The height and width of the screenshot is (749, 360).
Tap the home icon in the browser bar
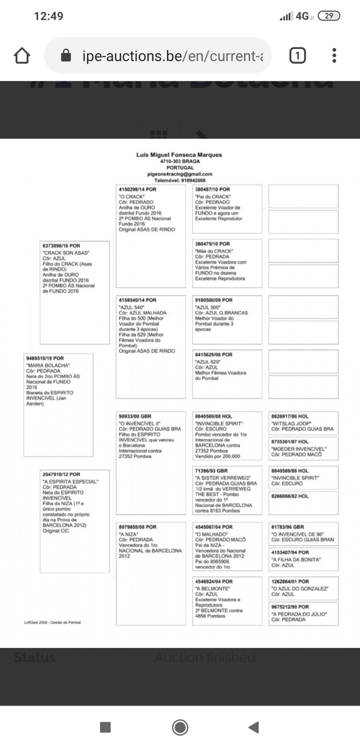pyautogui.click(x=22, y=56)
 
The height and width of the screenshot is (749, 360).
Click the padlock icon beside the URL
pyautogui.click(x=66, y=56)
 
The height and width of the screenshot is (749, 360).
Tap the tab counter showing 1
pyautogui.click(x=297, y=56)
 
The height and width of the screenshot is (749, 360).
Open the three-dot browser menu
pyautogui.click(x=334, y=56)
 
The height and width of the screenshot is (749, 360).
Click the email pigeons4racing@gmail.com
pyautogui.click(x=180, y=174)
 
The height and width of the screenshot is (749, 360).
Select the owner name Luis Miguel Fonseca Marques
pyautogui.click(x=179, y=155)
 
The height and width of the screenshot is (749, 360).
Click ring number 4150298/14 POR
pyautogui.click(x=137, y=189)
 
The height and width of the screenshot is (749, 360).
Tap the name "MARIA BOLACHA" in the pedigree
pyautogui.click(x=48, y=365)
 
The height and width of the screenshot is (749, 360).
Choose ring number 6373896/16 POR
pyautogui.click(x=61, y=246)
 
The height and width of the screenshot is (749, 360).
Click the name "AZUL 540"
pyautogui.click(x=131, y=307)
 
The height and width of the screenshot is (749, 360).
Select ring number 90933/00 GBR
pyautogui.click(x=135, y=416)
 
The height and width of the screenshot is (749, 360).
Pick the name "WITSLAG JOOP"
pyautogui.click(x=291, y=424)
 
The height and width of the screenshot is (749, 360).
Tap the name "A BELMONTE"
pyautogui.click(x=213, y=588)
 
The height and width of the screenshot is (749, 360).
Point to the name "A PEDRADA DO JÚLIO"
pyautogui.click(x=299, y=614)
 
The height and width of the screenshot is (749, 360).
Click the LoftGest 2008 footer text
pyautogui.click(x=52, y=622)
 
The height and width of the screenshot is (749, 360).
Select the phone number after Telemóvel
pyautogui.click(x=193, y=180)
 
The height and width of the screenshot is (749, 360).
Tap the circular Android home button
pyautogui.click(x=180, y=727)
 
